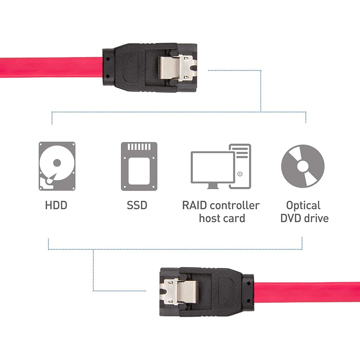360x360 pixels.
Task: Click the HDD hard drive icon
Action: coord(57,166)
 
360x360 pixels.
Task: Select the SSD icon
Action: coord(139,166)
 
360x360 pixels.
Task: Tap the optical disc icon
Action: coord(302,166)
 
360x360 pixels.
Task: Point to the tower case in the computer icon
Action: coord(240,165)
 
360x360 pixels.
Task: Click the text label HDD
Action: coord(56,205)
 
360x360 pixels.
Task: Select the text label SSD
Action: coord(137,205)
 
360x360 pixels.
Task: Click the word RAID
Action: coord(194,205)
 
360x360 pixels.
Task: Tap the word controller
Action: coord(234,205)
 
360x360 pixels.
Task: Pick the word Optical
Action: coord(303,205)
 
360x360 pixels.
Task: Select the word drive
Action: coord(316,218)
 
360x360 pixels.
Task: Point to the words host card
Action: coord(222,218)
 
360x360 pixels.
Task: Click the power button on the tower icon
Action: coord(240,174)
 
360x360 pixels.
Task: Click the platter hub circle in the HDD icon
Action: coord(57,163)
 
